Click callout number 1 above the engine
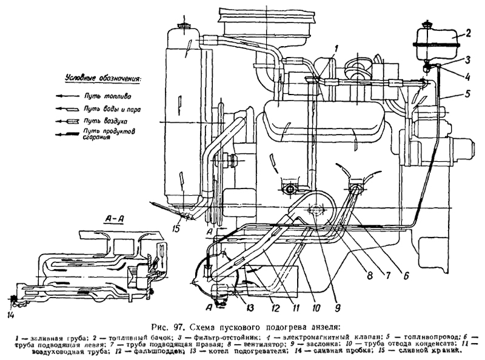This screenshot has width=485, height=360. (x=336, y=47)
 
